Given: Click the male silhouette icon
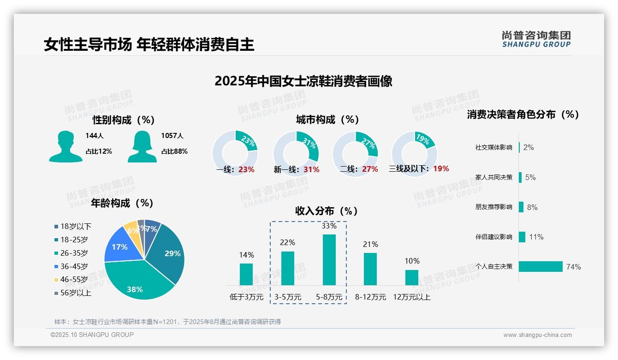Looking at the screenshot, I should (x=65, y=146).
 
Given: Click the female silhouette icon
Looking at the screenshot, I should (x=142, y=146).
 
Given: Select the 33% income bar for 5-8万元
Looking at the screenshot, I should (x=329, y=260).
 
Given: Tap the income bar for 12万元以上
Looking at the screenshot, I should (x=411, y=277).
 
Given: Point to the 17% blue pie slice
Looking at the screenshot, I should (x=119, y=247).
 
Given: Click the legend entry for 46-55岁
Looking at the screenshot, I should (x=74, y=280).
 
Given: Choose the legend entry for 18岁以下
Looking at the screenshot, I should (x=76, y=227).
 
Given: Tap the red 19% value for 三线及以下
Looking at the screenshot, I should (x=441, y=169).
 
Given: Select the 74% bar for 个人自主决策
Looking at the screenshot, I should (x=541, y=267).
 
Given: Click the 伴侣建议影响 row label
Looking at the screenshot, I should (x=493, y=237).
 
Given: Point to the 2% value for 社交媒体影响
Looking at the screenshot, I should (x=529, y=148).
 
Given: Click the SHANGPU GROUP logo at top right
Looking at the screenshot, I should (x=536, y=39).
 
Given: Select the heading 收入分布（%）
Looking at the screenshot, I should (x=327, y=211).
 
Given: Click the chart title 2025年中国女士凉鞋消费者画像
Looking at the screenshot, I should (x=303, y=82).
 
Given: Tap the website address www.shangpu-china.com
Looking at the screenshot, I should (x=537, y=335).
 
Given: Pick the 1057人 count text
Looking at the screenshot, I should (x=172, y=136).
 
